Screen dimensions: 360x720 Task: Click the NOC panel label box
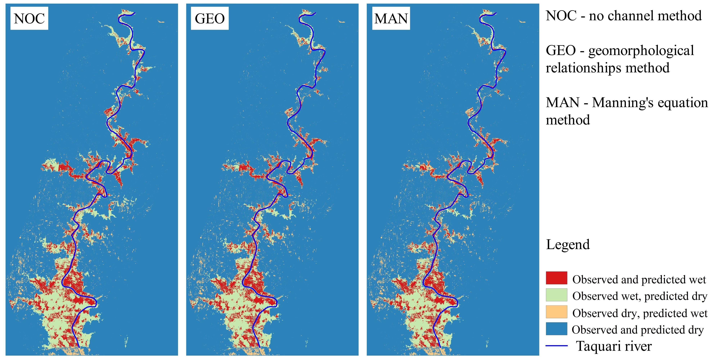[x=29, y=18]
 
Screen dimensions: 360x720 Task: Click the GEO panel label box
[x=210, y=18]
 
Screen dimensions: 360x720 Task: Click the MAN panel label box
[x=391, y=18]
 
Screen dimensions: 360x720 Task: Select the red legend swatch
[x=556, y=278]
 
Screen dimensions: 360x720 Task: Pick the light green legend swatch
[x=556, y=295]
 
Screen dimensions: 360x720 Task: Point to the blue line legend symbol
[x=556, y=346]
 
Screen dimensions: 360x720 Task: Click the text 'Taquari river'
[x=613, y=346]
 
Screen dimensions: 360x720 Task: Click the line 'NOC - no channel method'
[x=624, y=16]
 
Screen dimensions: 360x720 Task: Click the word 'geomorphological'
[x=641, y=51]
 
